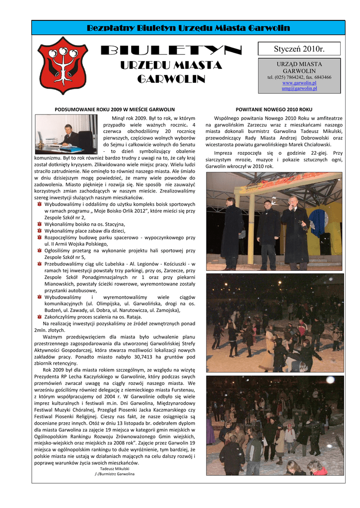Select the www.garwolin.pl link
[299, 83]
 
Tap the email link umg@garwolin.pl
[299, 88]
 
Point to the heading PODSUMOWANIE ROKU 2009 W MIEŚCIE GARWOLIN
[114, 109]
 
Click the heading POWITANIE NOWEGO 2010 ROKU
[274, 109]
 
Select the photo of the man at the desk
[67, 133]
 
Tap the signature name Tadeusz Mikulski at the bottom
[115, 468]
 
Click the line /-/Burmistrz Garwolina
[115, 474]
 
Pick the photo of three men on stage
[274, 221]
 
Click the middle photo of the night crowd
[274, 322]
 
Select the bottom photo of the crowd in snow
[274, 425]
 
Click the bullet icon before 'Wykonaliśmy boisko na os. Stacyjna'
[39, 224]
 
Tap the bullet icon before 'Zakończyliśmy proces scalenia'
[39, 317]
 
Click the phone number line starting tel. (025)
[299, 77]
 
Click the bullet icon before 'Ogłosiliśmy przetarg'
[39, 251]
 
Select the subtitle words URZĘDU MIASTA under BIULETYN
[171, 66]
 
